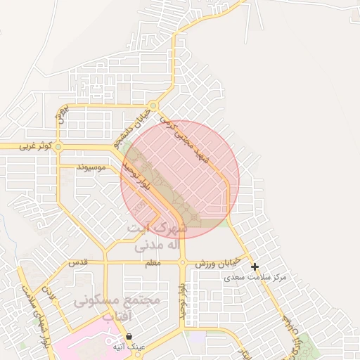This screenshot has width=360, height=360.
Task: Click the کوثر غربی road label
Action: pyautogui.click(x=32, y=146)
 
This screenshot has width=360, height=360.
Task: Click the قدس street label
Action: pyautogui.click(x=77, y=262)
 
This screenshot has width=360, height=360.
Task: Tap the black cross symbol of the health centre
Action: pyautogui.click(x=255, y=267)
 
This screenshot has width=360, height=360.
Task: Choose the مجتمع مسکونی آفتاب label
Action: pyautogui.click(x=117, y=309)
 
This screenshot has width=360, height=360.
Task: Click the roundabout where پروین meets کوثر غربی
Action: pyautogui.click(x=58, y=147)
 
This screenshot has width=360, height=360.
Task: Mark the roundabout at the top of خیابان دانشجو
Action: pyautogui.click(x=153, y=106)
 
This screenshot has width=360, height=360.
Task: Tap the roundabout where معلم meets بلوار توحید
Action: pyautogui.click(x=182, y=263)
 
